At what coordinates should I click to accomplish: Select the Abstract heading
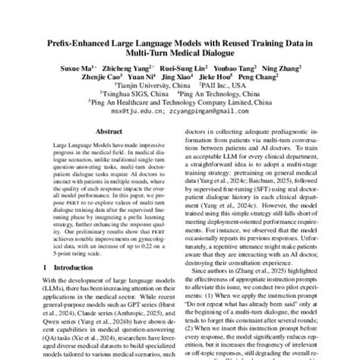pyautogui.click(x=98, y=130)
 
